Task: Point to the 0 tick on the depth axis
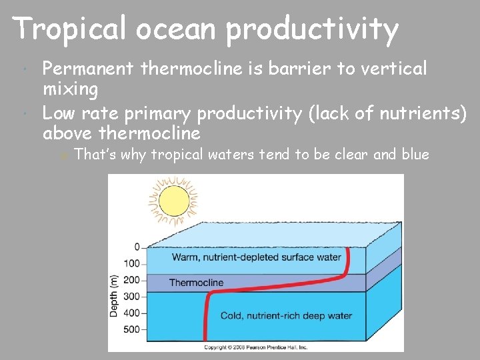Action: coord(137,247)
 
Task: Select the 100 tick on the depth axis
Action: coord(132,264)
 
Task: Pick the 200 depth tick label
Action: coord(132,280)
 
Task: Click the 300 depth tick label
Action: coord(132,296)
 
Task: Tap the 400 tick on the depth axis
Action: coord(132,313)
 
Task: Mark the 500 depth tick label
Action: coord(132,329)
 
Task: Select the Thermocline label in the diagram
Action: coord(196,283)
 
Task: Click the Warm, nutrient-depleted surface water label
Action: coord(257,257)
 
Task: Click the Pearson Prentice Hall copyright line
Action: coord(255,347)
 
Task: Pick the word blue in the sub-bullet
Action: coord(416,155)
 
